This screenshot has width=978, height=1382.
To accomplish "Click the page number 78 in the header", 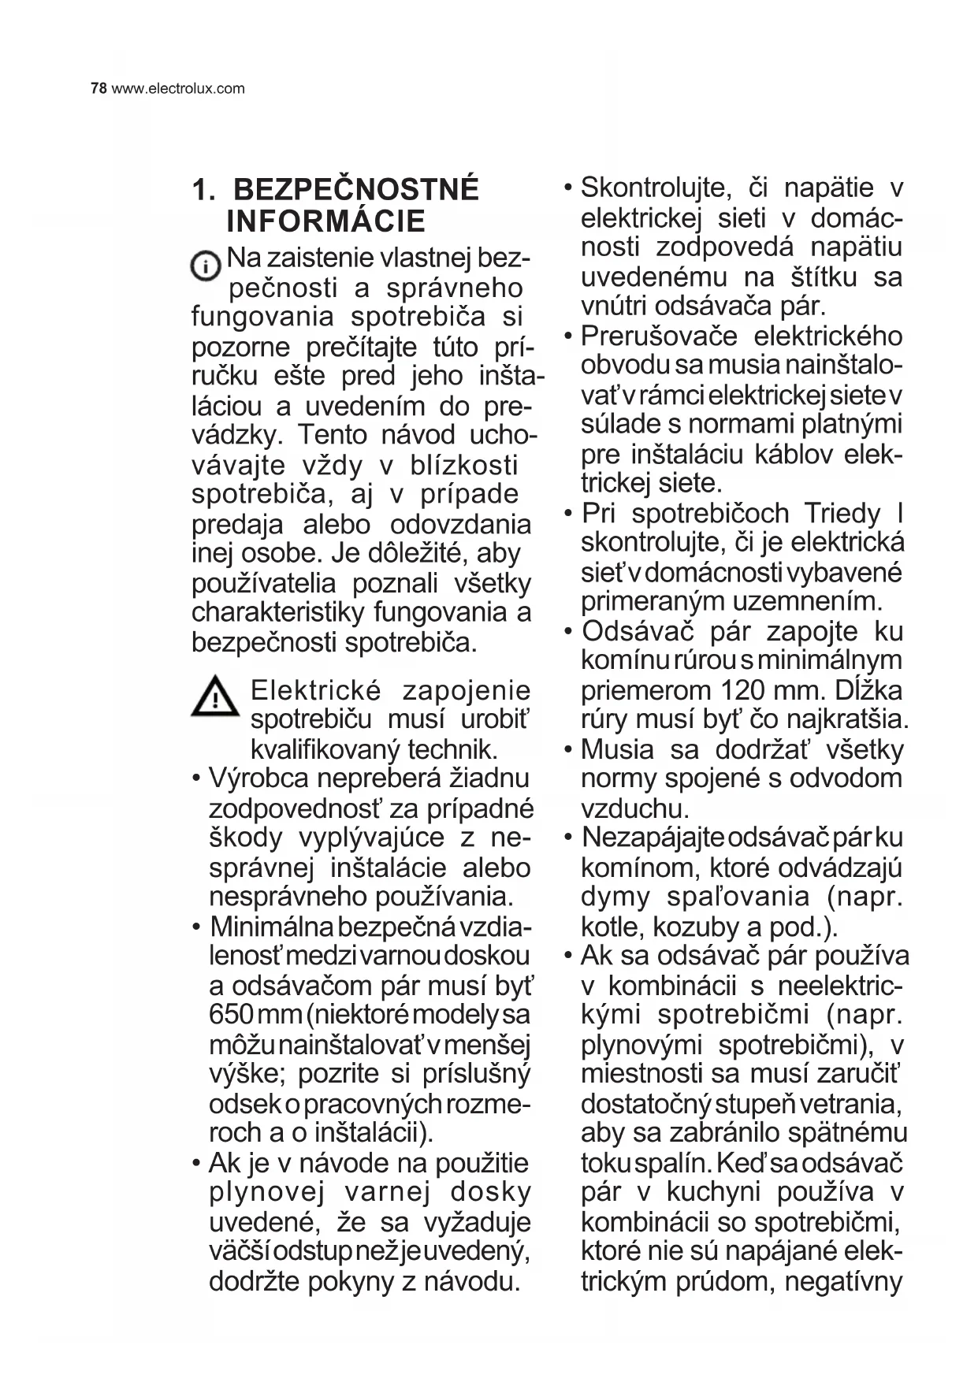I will pyautogui.click(x=99, y=88).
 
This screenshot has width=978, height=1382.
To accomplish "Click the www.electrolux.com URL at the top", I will pyautogui.click(x=178, y=88).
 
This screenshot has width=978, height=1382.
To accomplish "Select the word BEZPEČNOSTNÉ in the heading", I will pyautogui.click(x=356, y=191).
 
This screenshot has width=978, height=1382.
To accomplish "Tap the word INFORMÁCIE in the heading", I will pyautogui.click(x=325, y=222).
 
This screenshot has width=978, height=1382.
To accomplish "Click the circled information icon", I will pyautogui.click(x=206, y=266).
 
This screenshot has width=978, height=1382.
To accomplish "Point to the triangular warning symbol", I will pyautogui.click(x=214, y=697).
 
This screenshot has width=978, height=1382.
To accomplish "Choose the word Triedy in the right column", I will pyautogui.click(x=842, y=514).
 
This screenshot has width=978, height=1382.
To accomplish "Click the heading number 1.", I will pyautogui.click(x=203, y=191).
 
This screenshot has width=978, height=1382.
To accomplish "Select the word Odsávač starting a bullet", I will pyautogui.click(x=638, y=632).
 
